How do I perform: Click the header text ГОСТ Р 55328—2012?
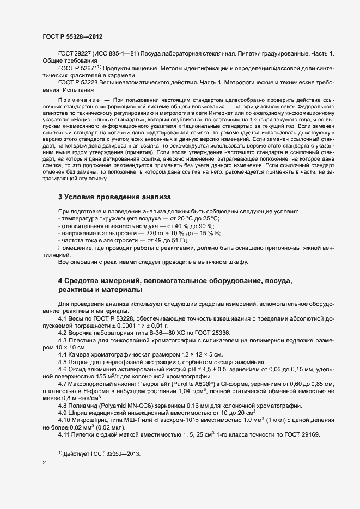[x=73, y=36]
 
